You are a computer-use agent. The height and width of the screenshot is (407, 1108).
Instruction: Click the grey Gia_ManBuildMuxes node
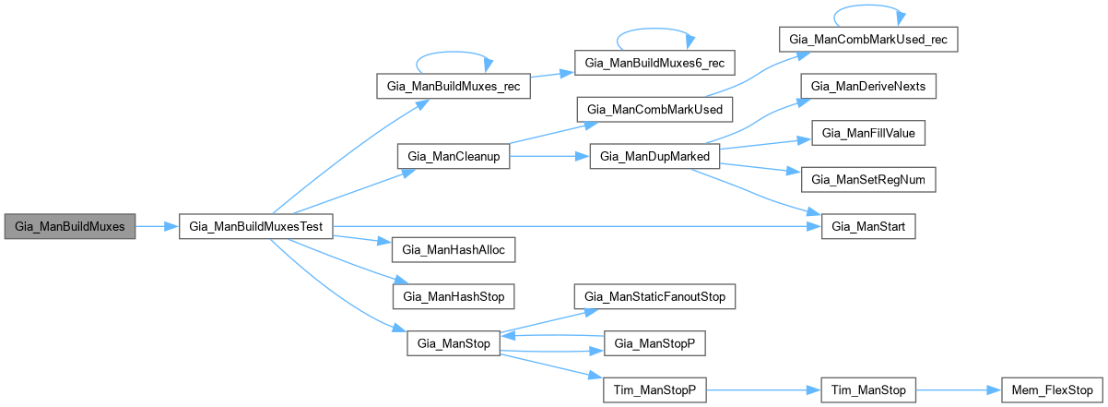70,226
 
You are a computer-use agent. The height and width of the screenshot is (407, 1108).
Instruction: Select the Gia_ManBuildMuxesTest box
254,226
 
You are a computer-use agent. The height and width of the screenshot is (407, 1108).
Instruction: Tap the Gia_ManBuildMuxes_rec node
454,87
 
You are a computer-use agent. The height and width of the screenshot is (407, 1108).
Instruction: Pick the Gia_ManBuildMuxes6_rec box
655,63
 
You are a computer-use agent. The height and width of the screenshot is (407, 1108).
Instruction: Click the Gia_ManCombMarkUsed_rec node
868,40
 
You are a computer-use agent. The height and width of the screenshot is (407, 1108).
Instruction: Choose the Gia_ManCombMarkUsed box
655,110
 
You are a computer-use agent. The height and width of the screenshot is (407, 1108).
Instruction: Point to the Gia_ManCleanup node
454,157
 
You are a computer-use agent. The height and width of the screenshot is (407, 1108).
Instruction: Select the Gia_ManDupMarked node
654,157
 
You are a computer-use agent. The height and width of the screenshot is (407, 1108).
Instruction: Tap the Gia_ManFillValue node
868,133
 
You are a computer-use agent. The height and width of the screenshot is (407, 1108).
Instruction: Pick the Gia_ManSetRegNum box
868,180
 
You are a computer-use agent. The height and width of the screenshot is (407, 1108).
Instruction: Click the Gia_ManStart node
868,226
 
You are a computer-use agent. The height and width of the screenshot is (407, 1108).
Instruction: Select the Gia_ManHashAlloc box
454,249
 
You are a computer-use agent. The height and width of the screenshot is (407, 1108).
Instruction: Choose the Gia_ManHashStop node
454,296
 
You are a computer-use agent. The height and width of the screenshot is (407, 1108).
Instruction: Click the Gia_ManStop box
454,343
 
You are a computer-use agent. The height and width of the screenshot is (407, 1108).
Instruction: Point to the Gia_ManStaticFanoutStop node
654,296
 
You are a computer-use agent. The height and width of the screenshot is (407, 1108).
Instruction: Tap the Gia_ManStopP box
654,343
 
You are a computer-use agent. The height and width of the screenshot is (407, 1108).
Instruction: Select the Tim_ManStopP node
654,390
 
